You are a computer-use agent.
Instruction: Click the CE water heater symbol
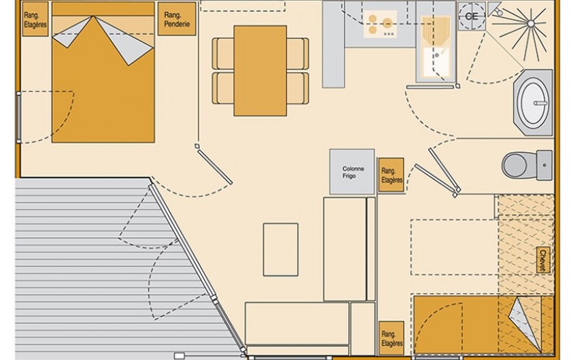470,17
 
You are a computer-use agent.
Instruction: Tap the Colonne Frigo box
352,170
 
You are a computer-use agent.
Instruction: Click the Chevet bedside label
542,260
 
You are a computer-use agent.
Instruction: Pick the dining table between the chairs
260,71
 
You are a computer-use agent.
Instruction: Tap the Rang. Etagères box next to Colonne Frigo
391,175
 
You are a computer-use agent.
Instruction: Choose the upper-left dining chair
224,53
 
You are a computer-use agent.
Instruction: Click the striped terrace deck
75,265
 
